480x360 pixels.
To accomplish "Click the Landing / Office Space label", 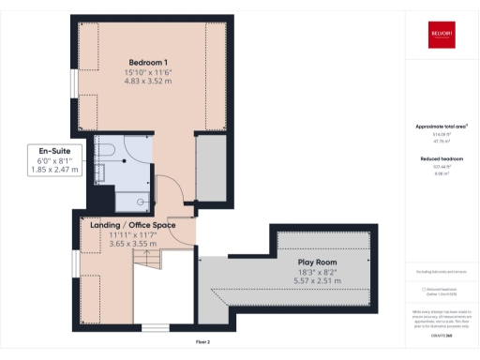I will [131, 225].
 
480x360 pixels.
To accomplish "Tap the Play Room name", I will [319, 262].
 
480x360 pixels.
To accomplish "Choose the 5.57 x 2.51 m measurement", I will [319, 279].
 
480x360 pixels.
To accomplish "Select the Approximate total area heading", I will [440, 126].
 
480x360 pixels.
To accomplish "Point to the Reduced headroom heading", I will [440, 159].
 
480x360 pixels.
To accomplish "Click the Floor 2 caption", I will [202, 342].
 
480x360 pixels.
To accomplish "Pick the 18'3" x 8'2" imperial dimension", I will [319, 271].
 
